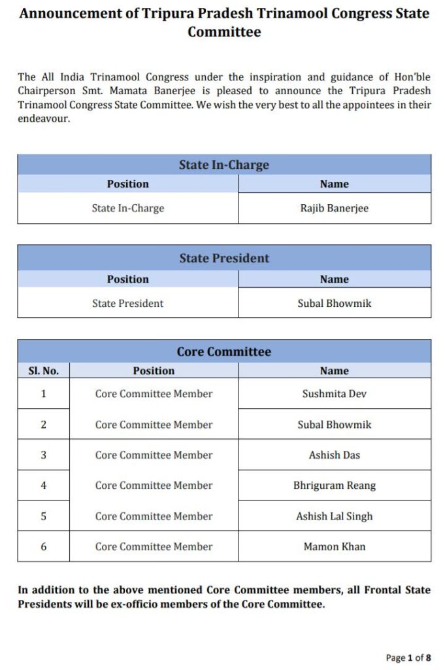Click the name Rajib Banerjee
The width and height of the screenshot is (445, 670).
334,208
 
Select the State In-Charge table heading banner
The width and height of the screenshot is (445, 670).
224,165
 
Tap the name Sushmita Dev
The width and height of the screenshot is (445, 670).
334,394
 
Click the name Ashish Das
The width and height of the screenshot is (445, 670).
334,455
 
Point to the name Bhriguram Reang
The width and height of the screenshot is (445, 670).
334,485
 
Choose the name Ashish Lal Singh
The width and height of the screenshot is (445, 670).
334,516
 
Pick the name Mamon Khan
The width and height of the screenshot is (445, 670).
334,546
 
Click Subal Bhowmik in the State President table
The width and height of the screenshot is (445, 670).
334,304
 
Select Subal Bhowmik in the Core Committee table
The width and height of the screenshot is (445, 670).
334,425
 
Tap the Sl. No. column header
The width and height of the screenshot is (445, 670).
43,371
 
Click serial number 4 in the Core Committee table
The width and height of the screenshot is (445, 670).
43,485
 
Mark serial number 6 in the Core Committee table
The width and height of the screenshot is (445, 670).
43,546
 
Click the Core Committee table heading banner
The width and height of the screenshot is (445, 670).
224,351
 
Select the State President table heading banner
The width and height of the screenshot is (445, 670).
224,258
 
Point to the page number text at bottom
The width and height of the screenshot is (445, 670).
408,657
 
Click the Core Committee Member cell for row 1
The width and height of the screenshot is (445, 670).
154,394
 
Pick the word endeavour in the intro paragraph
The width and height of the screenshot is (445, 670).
43,119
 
